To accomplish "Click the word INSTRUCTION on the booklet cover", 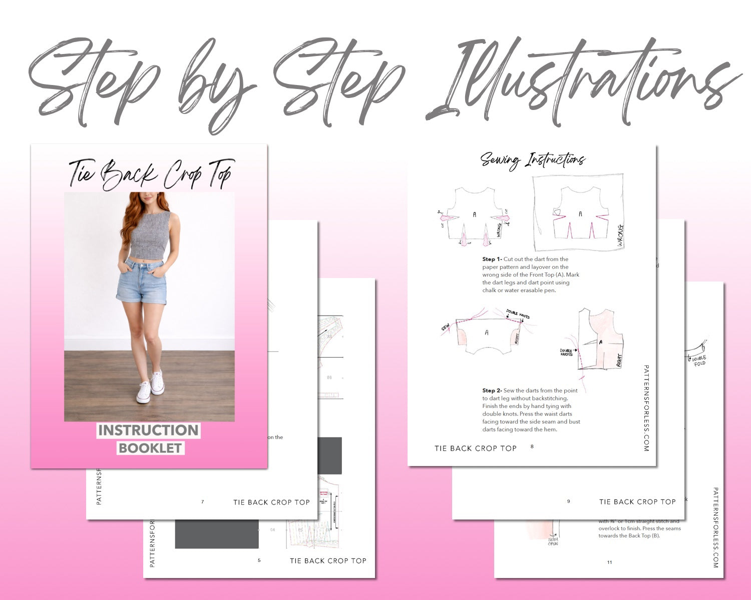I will point(148,430).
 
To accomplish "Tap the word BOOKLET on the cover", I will point(150,447).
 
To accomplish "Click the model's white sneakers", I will point(150,387).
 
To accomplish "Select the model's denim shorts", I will point(142,282).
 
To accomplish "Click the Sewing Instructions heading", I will point(533,160).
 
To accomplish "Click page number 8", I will point(532,446).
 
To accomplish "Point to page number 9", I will point(568,501).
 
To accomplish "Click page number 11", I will point(609,562).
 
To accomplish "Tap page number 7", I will point(202,501).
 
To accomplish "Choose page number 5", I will point(259,560).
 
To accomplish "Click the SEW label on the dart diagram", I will point(445,328).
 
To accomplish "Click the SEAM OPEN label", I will point(553,541).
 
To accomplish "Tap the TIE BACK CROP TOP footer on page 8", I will point(475,448).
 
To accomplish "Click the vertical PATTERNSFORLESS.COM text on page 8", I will point(646,407).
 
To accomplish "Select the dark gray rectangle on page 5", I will point(217,534).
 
